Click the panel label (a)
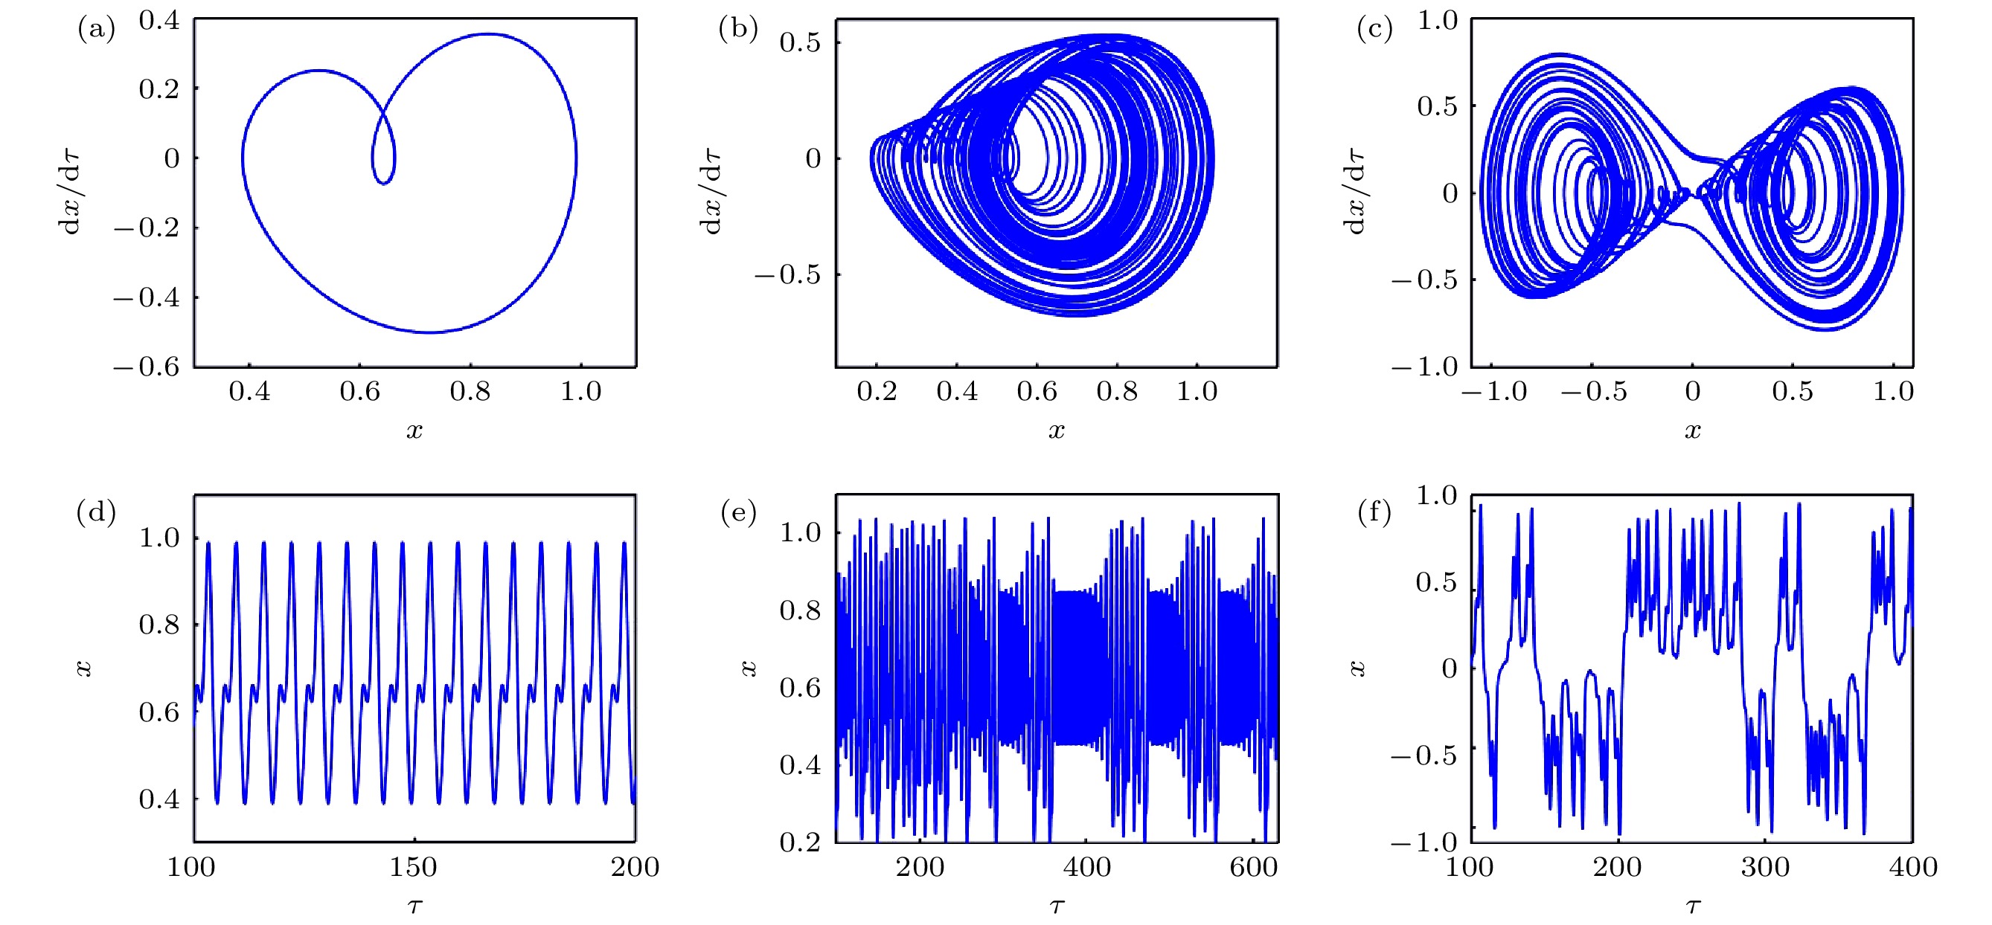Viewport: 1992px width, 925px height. point(96,30)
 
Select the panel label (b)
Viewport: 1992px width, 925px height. point(737,30)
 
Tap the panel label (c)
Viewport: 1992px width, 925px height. point(1374,30)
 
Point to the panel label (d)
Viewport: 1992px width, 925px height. point(96,512)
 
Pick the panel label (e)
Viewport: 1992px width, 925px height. point(737,512)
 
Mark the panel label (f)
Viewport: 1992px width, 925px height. point(1374,512)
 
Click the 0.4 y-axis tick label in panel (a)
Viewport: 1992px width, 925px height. point(159,21)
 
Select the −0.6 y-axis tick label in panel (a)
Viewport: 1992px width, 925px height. point(147,367)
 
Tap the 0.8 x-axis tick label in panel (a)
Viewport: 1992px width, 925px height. point(470,392)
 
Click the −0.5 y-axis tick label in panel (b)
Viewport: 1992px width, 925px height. point(787,275)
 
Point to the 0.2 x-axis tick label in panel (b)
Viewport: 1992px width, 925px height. point(877,392)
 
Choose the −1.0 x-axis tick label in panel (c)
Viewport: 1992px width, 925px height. point(1493,392)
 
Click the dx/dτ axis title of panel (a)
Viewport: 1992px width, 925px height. point(71,193)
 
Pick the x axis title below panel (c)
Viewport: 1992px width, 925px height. point(1693,431)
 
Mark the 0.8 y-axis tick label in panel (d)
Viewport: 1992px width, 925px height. point(159,625)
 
